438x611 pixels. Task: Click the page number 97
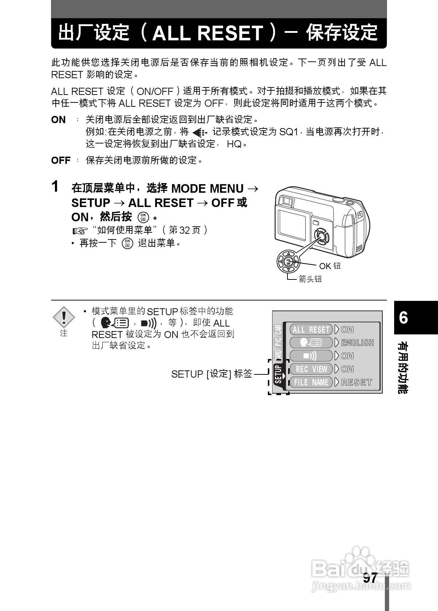370,579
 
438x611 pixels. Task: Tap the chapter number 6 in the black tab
403,317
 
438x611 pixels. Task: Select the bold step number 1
55,186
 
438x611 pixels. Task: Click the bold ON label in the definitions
58,120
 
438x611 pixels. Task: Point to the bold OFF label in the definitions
61,161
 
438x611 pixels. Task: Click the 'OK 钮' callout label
330,266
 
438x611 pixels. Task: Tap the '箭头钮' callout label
310,279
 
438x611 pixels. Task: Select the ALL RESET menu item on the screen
311,329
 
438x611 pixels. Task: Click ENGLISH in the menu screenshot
357,343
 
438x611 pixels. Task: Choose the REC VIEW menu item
311,369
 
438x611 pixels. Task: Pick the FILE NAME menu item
311,382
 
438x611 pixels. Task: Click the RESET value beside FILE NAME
357,382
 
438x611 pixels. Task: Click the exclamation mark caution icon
63,317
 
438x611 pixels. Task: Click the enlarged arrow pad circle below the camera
289,262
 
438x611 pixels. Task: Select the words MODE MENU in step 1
207,188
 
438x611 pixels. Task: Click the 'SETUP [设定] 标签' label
212,374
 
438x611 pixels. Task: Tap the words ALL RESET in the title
208,33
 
